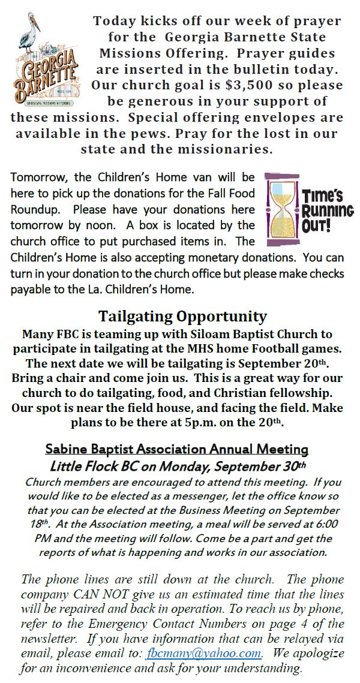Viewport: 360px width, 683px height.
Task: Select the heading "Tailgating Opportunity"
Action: point(182,316)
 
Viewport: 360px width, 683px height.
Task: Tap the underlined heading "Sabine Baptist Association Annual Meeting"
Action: point(177,449)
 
